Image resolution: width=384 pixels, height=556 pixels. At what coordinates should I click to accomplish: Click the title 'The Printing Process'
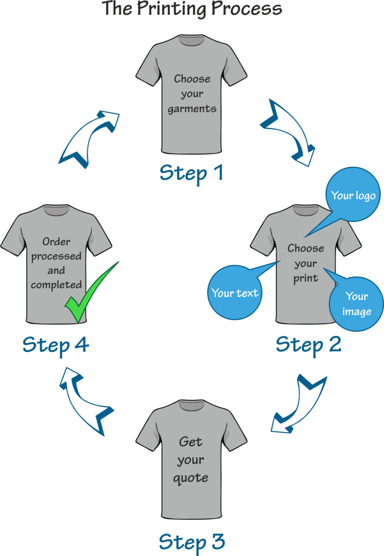[192, 9]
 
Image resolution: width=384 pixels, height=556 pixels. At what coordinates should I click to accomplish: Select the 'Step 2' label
[309, 344]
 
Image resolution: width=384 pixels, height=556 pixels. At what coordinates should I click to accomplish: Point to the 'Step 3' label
[192, 541]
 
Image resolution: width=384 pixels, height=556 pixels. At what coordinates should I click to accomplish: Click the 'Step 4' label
[56, 345]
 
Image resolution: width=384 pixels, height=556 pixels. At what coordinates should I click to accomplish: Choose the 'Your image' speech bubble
[356, 304]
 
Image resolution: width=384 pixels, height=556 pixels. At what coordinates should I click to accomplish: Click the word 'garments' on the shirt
[192, 109]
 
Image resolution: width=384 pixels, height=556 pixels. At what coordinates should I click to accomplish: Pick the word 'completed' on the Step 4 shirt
[56, 284]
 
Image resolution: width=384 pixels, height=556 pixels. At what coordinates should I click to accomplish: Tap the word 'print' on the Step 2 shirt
[305, 278]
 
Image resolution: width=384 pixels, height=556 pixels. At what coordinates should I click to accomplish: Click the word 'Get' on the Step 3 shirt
[191, 442]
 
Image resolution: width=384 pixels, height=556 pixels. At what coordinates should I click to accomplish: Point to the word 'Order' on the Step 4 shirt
[56, 241]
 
